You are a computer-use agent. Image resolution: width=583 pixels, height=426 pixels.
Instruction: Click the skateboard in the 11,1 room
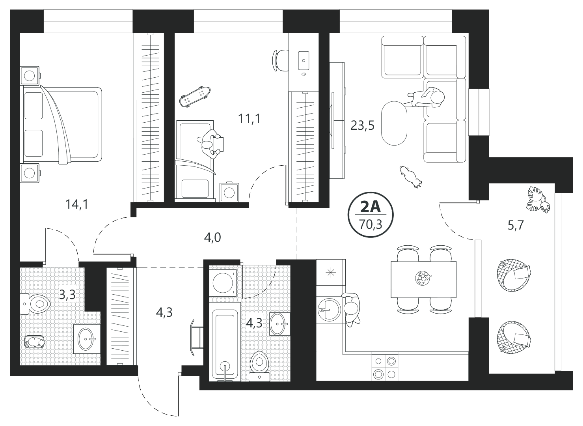coord(195,96)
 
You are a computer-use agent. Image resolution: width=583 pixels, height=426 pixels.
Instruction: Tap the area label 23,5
coord(362,125)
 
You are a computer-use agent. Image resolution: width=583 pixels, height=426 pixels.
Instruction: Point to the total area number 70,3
coord(371,224)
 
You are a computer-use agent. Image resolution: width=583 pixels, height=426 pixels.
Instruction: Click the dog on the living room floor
coord(411,177)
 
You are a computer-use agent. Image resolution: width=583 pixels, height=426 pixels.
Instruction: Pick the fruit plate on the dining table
coord(423,278)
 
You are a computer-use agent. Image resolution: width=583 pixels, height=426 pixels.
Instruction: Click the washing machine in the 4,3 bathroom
coord(224,282)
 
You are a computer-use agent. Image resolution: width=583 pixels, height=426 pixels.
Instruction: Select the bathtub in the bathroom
coord(225,342)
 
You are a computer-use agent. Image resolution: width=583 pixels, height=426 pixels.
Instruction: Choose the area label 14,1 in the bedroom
coord(77,204)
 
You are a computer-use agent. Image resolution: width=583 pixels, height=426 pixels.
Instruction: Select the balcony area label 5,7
coord(516,225)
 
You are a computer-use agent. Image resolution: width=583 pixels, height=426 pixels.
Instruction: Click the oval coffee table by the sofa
coord(394,123)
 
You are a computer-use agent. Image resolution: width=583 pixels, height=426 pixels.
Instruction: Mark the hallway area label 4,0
coord(212,237)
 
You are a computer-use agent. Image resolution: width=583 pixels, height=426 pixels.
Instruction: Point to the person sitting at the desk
coord(211,144)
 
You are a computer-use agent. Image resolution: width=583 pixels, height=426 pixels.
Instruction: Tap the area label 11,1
coord(250,119)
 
